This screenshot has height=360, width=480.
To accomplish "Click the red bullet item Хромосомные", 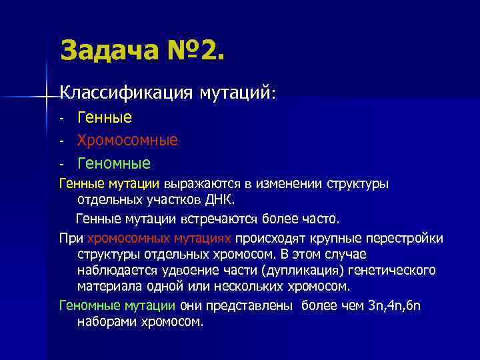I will pos(127,140).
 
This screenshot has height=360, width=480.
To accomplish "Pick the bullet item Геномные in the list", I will pos(114,163).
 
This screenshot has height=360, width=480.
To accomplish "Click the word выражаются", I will pos(201,184).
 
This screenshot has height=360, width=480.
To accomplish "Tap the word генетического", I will pos(394,271).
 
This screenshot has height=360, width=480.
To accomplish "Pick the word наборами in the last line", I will pos(105,321).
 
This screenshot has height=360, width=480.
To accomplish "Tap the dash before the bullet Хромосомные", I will pos(61,141).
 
